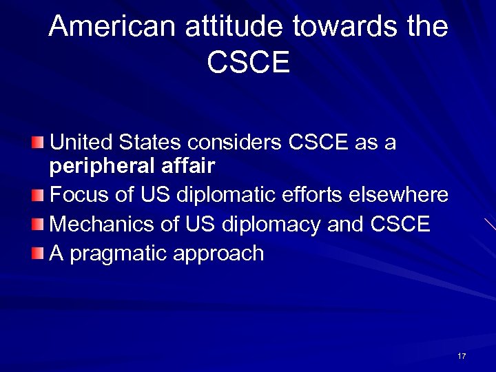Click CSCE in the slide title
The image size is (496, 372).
[x=248, y=63]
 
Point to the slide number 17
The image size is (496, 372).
[x=462, y=355]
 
